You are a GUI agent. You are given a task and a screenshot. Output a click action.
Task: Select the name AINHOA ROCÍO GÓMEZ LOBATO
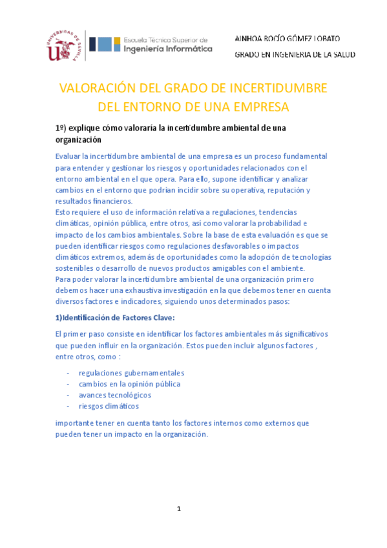click(287, 39)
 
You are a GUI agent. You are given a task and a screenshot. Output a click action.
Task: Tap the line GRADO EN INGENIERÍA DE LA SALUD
click(294, 56)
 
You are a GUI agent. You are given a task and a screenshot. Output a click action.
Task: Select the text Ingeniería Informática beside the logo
click(167, 48)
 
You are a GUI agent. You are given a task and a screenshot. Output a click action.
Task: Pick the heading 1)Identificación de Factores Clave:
click(115, 319)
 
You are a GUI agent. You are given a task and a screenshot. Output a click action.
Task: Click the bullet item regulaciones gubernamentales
click(131, 373)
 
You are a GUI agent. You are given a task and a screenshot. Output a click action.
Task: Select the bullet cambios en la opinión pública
click(129, 384)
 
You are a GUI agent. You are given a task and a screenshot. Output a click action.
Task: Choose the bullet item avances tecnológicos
click(115, 395)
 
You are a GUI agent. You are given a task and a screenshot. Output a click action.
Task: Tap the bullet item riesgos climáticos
click(109, 406)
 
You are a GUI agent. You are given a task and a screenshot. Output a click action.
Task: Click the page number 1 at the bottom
click(180, 509)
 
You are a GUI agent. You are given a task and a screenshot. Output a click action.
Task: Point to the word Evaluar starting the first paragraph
click(69, 156)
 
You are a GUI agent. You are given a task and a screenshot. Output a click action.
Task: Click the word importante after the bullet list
click(76, 423)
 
